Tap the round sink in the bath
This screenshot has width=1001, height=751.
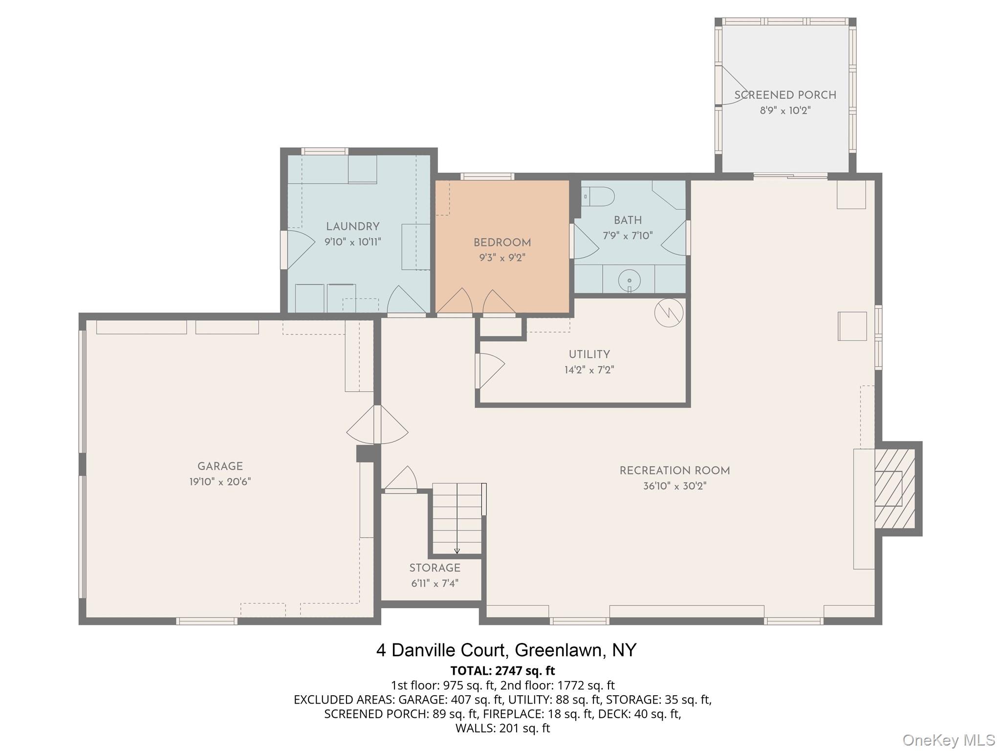(630, 281)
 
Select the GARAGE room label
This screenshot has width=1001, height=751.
(220, 466)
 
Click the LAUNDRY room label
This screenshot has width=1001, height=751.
(353, 227)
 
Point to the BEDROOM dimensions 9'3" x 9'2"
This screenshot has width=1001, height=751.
(502, 258)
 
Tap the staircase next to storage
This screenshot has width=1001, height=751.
(457, 519)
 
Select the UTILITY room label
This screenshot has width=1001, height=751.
(589, 354)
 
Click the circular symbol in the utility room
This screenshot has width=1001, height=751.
(669, 312)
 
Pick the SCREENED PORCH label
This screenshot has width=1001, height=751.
(785, 95)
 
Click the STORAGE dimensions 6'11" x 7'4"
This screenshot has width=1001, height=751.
(435, 583)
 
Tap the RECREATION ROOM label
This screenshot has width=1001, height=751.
(675, 471)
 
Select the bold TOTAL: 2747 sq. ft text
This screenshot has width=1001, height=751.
(502, 670)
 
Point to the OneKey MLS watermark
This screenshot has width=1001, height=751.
(949, 740)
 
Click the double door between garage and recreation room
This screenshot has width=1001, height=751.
(377, 424)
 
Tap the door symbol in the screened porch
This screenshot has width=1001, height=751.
(733, 85)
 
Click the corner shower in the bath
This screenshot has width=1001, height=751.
(669, 195)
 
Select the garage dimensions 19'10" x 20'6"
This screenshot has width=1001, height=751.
(220, 482)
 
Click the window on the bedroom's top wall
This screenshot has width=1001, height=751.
(487, 177)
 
